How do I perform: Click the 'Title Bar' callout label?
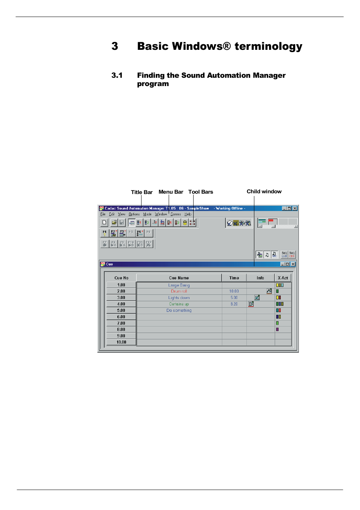[x=142, y=192]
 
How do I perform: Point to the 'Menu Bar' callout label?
[x=171, y=192]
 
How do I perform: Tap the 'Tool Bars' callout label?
[x=200, y=192]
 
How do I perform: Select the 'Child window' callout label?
[x=264, y=191]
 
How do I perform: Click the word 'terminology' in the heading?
[x=268, y=46]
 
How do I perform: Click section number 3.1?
[x=117, y=75]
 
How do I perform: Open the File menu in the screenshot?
[x=103, y=214]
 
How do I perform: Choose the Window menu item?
[x=161, y=214]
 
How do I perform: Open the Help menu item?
[x=188, y=214]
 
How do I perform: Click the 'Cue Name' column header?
[x=179, y=278]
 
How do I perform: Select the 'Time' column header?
[x=234, y=278]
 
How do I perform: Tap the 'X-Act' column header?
[x=283, y=278]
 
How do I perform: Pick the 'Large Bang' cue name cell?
[x=179, y=285]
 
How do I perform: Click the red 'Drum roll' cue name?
[x=179, y=291]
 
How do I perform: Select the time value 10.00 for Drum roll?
[x=234, y=291]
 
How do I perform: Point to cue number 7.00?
[x=121, y=323]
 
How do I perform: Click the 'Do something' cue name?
[x=179, y=310]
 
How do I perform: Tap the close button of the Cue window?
[x=293, y=264]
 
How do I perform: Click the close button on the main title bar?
[x=295, y=208]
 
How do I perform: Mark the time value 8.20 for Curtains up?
[x=234, y=304]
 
